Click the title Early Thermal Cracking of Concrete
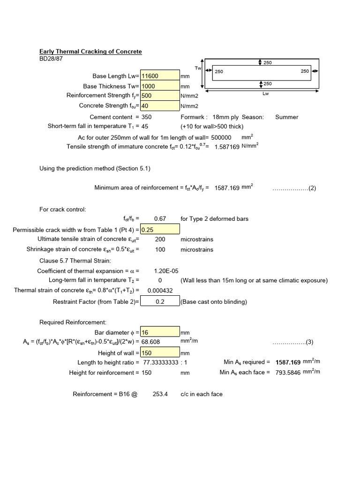tap(90, 52)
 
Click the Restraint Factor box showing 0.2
tap(159, 302)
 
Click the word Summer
tap(286, 117)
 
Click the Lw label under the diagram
tap(266, 94)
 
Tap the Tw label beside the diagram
tap(197, 68)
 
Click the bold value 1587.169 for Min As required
tap(288, 362)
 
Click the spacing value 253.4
tap(160, 394)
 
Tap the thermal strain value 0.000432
tap(160, 291)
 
